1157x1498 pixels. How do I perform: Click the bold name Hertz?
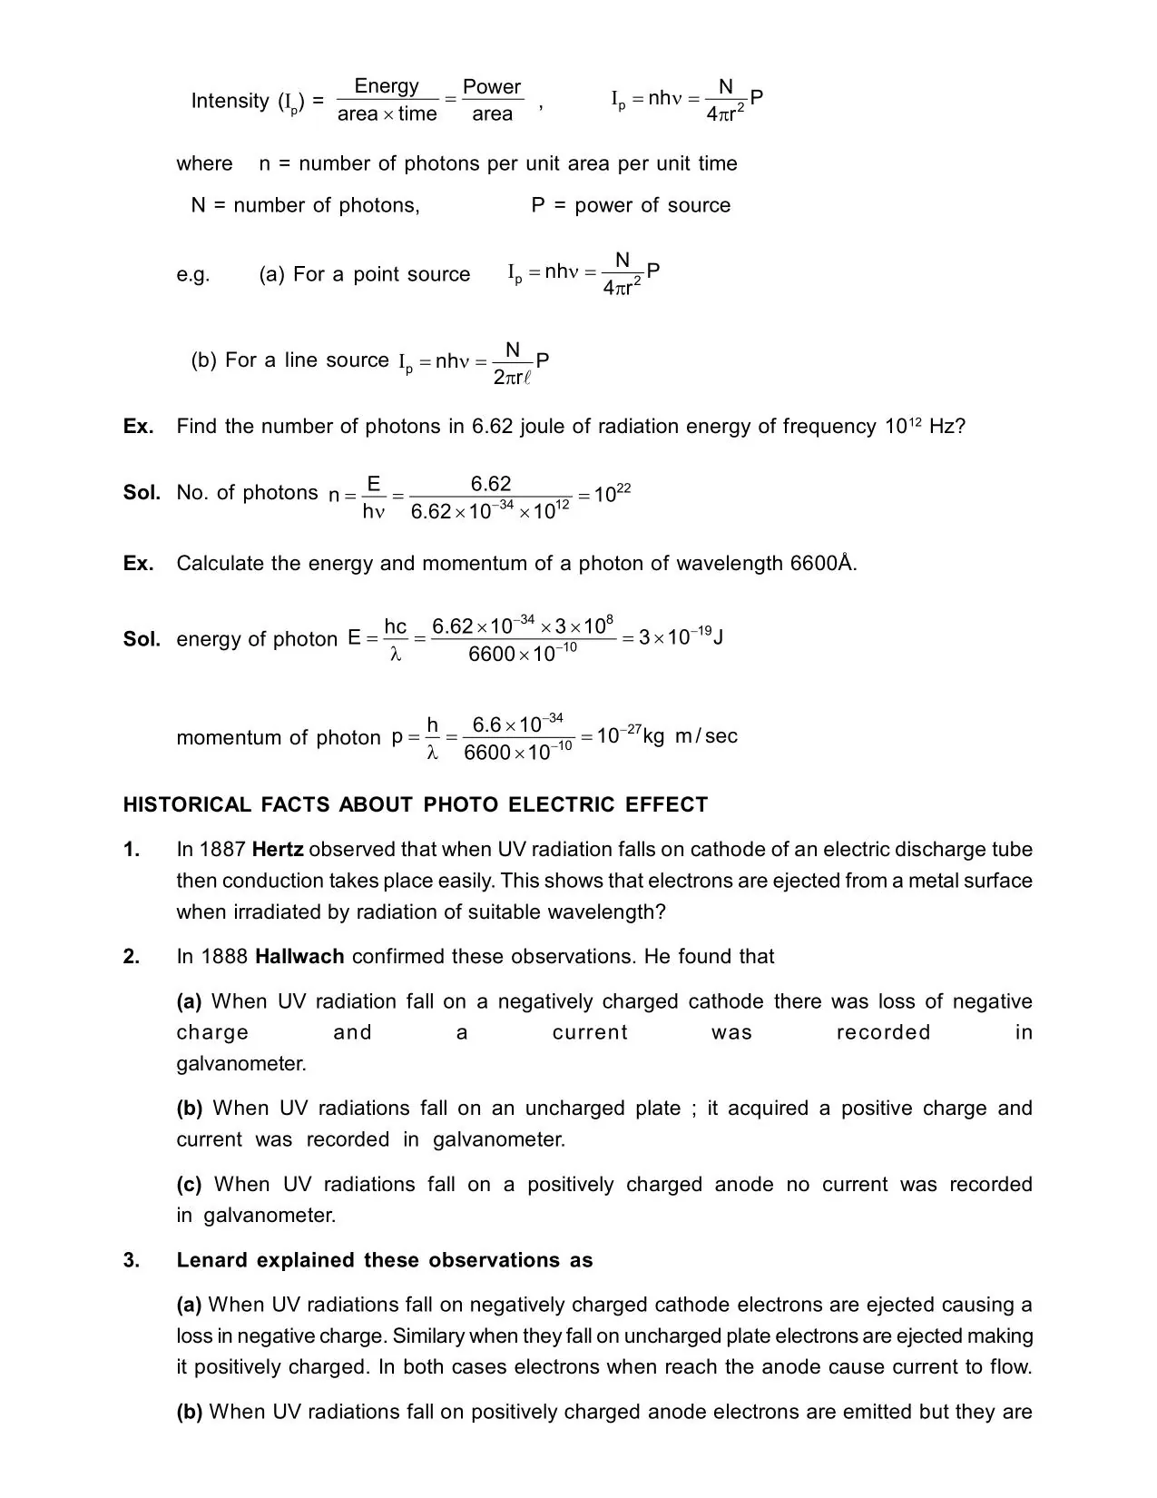278,850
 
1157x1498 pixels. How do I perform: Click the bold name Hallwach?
299,956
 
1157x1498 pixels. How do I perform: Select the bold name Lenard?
213,1260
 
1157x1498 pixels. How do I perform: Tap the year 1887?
223,850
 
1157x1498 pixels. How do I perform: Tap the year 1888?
225,956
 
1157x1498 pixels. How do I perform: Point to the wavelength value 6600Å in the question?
822,563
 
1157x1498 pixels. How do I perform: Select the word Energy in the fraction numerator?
387,86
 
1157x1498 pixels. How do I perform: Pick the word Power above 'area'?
492,87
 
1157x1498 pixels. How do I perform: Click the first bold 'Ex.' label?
138,427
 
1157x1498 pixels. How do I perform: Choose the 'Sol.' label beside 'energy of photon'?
142,639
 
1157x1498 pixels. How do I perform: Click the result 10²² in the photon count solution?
613,494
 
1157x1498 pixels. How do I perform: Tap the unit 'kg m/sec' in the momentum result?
691,736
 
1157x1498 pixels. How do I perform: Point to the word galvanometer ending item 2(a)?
240,1063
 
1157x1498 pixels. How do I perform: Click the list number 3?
132,1260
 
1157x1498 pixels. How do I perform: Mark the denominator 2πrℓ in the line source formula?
512,377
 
